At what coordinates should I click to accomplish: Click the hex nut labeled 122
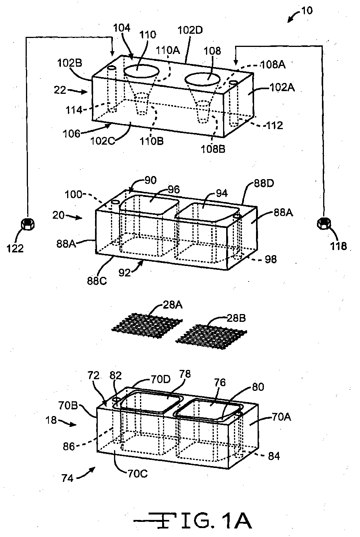point(28,224)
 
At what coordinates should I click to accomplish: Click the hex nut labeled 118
point(324,223)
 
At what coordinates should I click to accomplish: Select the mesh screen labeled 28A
point(147,326)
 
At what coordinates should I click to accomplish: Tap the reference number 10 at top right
point(307,10)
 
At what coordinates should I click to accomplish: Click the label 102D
point(190,30)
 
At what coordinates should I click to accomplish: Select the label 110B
point(152,141)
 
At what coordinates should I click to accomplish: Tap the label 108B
point(213,149)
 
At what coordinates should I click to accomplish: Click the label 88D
point(264,183)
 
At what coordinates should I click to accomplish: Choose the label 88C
point(97,281)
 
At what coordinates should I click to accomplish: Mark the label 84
point(274,456)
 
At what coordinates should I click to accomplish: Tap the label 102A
point(282,88)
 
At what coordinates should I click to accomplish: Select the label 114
point(74,110)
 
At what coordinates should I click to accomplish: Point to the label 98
point(271,259)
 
